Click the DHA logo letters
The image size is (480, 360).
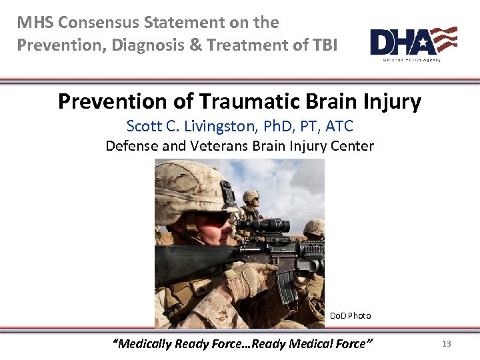tap(400, 41)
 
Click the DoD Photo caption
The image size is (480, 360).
tap(350, 315)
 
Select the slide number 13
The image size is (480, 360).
tap(447, 344)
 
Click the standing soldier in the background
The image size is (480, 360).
tap(251, 207)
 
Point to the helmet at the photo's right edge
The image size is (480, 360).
tap(315, 228)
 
